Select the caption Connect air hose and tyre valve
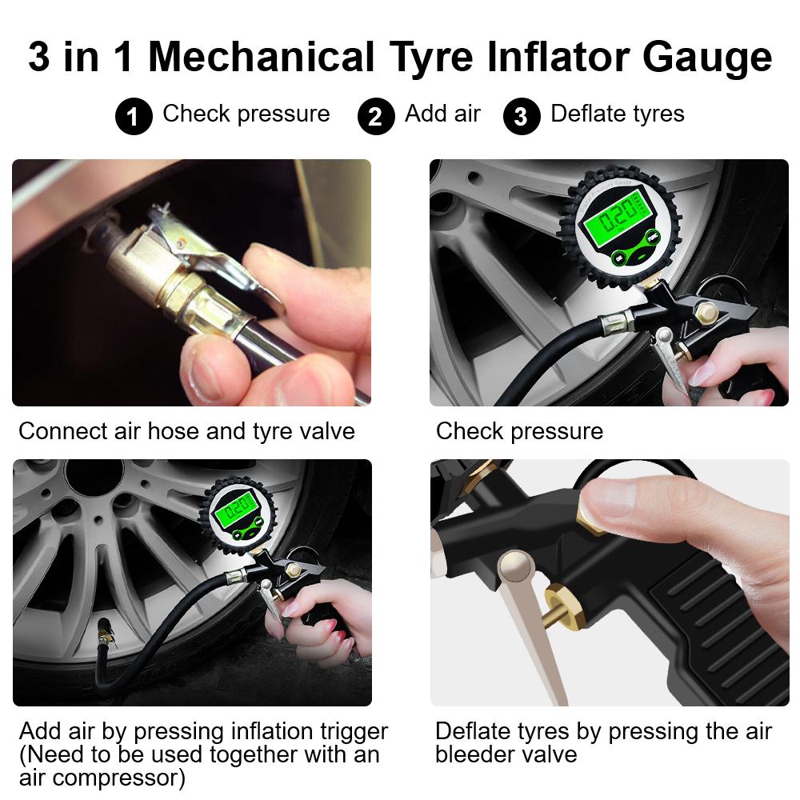point(186,431)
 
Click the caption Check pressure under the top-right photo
point(519,431)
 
